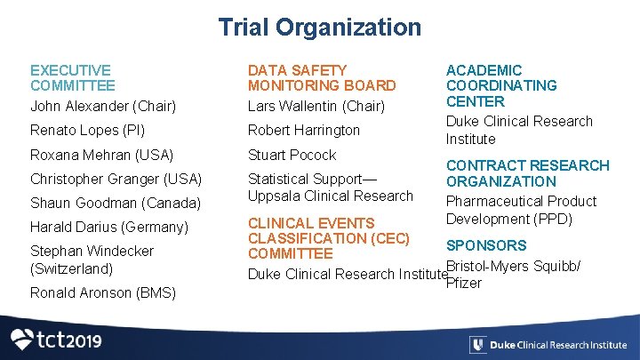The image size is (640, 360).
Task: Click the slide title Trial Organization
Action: click(320, 27)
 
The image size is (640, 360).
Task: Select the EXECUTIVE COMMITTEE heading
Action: click(72, 77)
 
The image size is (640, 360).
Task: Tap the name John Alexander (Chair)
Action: click(103, 107)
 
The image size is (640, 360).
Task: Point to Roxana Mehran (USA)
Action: click(101, 155)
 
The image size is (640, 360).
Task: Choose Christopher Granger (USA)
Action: click(116, 179)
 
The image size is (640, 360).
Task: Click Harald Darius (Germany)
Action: click(109, 227)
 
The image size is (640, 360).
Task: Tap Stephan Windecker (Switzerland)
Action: click(92, 260)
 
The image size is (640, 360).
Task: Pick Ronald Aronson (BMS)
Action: click(102, 292)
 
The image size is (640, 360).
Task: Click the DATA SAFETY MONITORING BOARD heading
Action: click(321, 77)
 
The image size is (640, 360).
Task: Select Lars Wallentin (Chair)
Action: click(316, 107)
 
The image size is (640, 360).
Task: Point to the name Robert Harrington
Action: click(303, 130)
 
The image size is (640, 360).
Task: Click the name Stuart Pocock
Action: click(292, 155)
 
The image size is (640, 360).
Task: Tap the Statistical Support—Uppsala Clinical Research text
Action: click(330, 187)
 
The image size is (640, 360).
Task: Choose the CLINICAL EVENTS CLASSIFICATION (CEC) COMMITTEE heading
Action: click(328, 238)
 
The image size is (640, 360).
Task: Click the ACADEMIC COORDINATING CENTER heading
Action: click(501, 85)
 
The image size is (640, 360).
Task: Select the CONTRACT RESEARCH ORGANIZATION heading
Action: click(527, 173)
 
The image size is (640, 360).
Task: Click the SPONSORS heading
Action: click(485, 245)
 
